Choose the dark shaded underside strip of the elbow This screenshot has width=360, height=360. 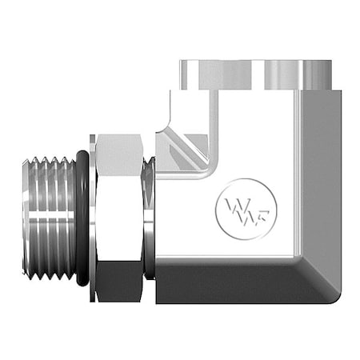coord(232,285)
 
